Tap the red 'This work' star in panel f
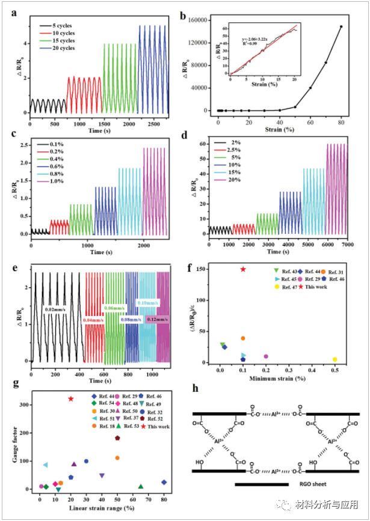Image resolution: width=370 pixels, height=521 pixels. pyautogui.click(x=243, y=269)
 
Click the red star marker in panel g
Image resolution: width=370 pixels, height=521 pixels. pyautogui.click(x=71, y=398)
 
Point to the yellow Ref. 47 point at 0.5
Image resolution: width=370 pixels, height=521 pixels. pyautogui.click(x=335, y=359)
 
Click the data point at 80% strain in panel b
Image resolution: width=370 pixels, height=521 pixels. pyautogui.click(x=342, y=26)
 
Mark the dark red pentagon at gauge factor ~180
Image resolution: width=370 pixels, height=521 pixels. pyautogui.click(x=117, y=438)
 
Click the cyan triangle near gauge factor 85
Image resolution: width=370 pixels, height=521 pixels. pyautogui.click(x=46, y=465)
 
